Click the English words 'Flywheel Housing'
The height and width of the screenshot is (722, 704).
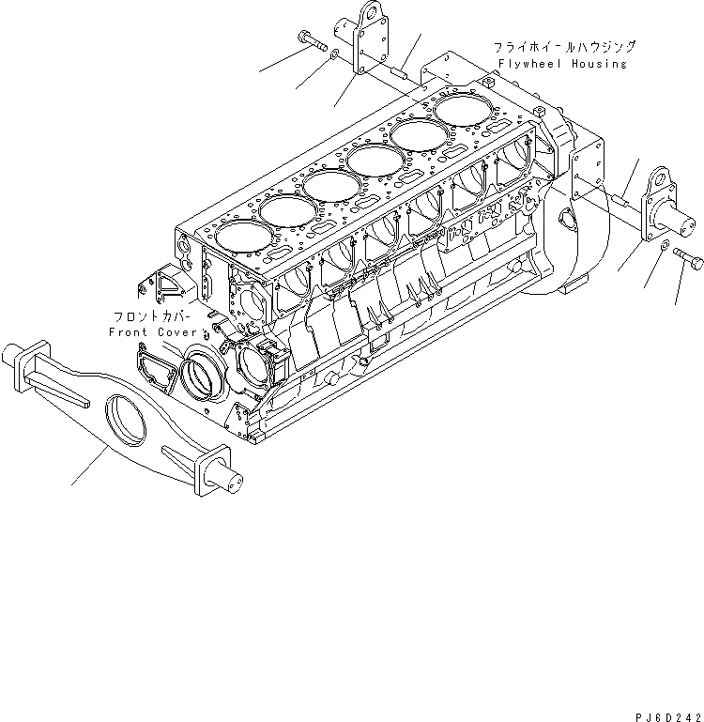coord(563,64)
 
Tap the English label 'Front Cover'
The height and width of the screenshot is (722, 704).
coord(154,332)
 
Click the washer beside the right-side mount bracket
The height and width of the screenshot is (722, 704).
coord(665,246)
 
